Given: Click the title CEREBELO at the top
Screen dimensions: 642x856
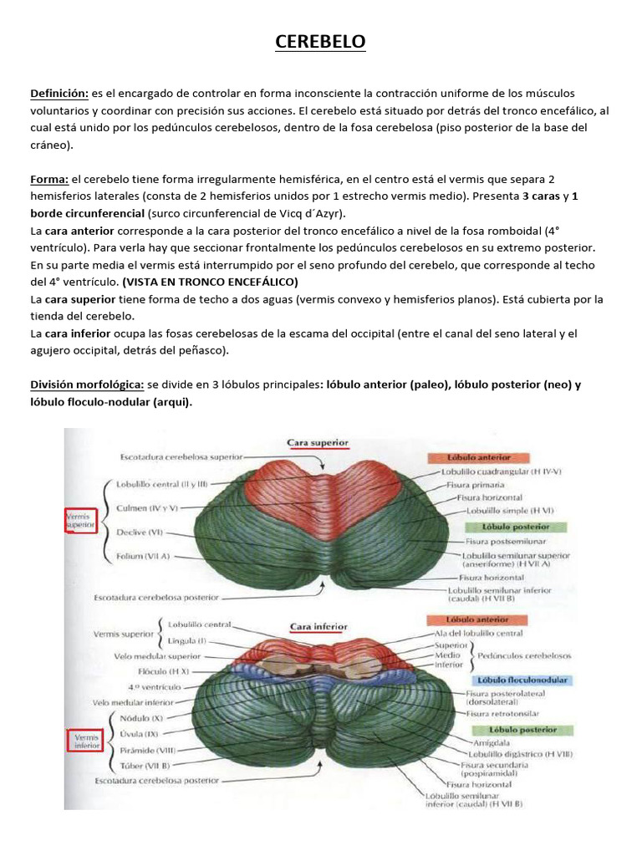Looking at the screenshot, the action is [x=321, y=41].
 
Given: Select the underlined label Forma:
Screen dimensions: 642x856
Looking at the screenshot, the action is [x=48, y=179].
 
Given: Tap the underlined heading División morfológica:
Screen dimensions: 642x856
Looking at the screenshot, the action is [x=86, y=385].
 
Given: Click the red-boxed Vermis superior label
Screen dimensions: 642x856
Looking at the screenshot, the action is [x=81, y=523].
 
